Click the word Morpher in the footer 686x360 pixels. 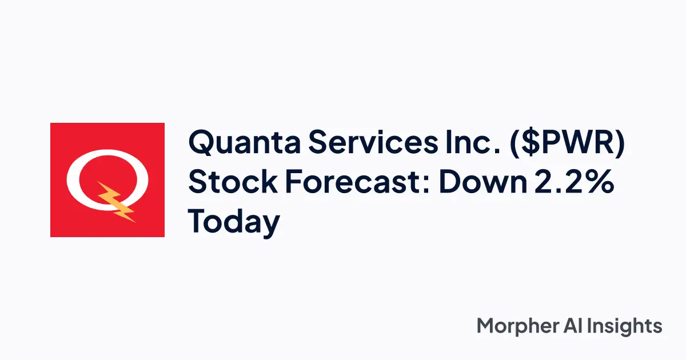coord(516,326)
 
